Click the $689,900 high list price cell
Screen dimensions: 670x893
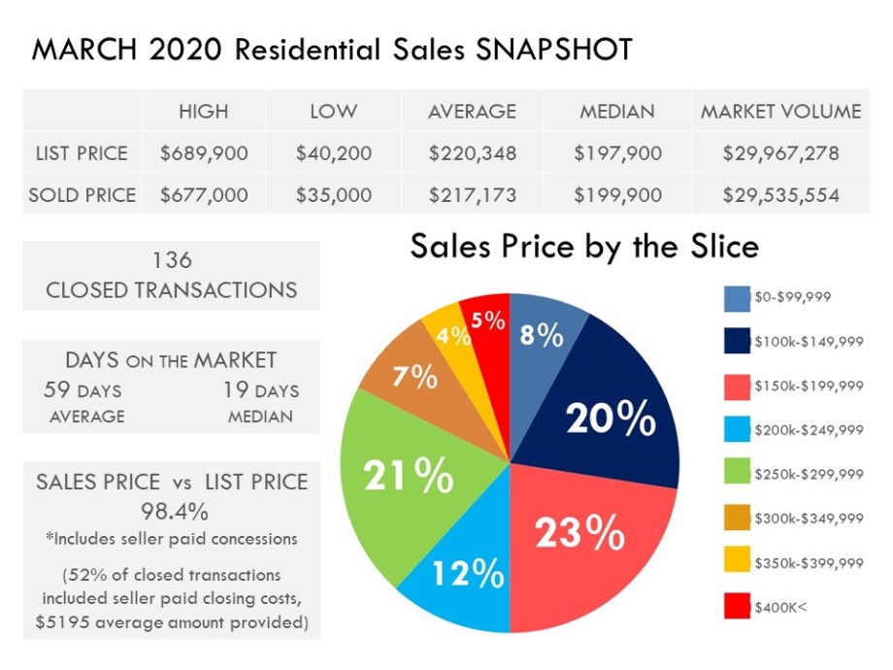pyautogui.click(x=203, y=153)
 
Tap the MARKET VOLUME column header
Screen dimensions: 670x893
pyautogui.click(x=780, y=111)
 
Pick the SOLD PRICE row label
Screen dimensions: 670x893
pyautogui.click(x=83, y=195)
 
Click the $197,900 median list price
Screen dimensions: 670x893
pyautogui.click(x=616, y=153)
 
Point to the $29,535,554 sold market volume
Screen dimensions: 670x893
pyautogui.click(x=780, y=195)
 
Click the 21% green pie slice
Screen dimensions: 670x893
pyautogui.click(x=408, y=476)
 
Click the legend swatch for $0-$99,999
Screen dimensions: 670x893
pyautogui.click(x=736, y=297)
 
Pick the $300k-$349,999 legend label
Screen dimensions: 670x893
pyautogui.click(x=809, y=519)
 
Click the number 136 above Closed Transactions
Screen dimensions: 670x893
pyautogui.click(x=172, y=260)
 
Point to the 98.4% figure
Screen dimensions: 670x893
pyautogui.click(x=172, y=509)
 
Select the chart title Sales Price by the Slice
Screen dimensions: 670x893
pyautogui.click(x=584, y=247)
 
